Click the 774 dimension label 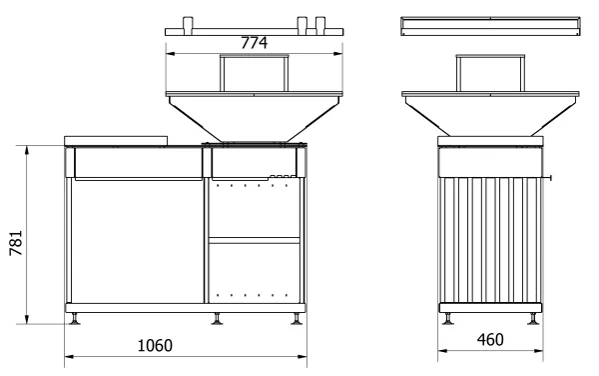pos(254,42)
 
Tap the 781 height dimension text pos(16,243)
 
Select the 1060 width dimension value pos(155,345)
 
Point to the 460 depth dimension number pos(490,339)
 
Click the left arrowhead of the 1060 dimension pos(69,356)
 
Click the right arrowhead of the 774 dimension pos(338,54)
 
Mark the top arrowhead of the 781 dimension pos(27,150)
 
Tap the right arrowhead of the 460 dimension pos(539,350)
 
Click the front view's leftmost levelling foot pos(75,319)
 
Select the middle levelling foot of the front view pos(217,319)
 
